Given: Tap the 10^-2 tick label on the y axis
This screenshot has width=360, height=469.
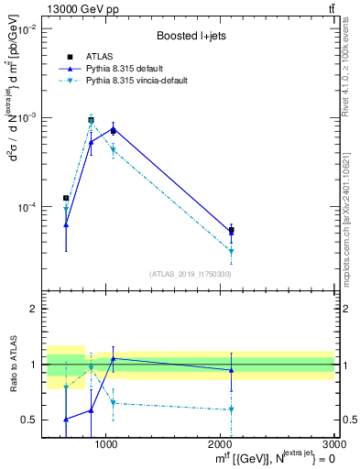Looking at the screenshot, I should tap(25, 29).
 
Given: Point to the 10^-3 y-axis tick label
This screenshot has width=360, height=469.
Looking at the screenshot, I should tap(25, 118).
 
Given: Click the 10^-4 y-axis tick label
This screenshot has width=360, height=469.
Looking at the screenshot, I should tap(25, 207).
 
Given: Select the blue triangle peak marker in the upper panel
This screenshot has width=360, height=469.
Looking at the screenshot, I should tap(113, 128).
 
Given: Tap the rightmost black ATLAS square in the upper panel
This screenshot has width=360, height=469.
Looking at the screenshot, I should tap(232, 231).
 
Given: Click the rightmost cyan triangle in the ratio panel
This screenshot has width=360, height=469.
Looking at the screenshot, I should tap(232, 409).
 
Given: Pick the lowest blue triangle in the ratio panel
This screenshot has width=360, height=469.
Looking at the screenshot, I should tap(66, 420).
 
